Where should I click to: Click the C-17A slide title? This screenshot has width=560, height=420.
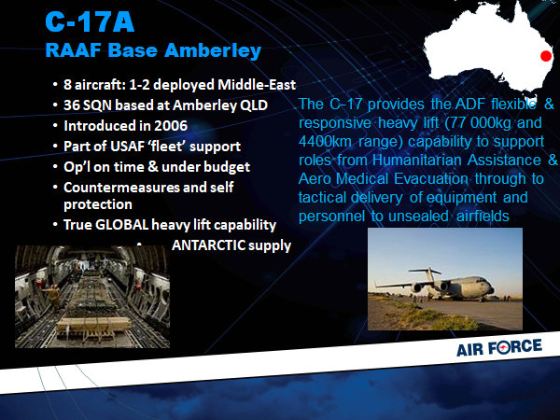(x=90, y=22)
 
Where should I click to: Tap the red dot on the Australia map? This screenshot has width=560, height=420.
(x=546, y=56)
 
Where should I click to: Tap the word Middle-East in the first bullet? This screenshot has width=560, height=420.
(x=257, y=85)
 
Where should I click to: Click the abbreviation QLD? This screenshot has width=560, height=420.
(x=255, y=105)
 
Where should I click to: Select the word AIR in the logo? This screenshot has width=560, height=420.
(x=470, y=350)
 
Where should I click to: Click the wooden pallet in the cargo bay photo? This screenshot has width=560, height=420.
(x=93, y=326)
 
